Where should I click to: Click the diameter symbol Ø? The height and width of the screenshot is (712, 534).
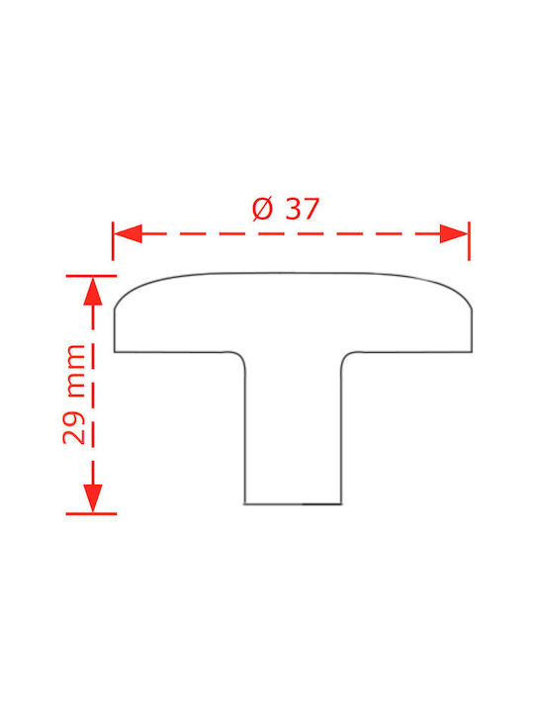pos(263,209)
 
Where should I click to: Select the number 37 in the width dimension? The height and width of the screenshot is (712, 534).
pos(303,209)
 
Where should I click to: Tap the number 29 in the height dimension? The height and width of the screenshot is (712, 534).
pos(74,428)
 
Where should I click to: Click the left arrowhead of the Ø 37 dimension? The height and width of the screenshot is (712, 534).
pos(128,233)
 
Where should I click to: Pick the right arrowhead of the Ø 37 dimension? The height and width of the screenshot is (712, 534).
pos(454,233)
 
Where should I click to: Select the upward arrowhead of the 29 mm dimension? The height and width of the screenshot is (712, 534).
pos(93,291)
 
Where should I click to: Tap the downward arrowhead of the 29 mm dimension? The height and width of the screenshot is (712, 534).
pos(93,498)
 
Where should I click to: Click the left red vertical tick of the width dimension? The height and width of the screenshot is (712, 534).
pos(113,241)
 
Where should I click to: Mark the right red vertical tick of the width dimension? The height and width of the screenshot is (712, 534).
pos(469,241)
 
